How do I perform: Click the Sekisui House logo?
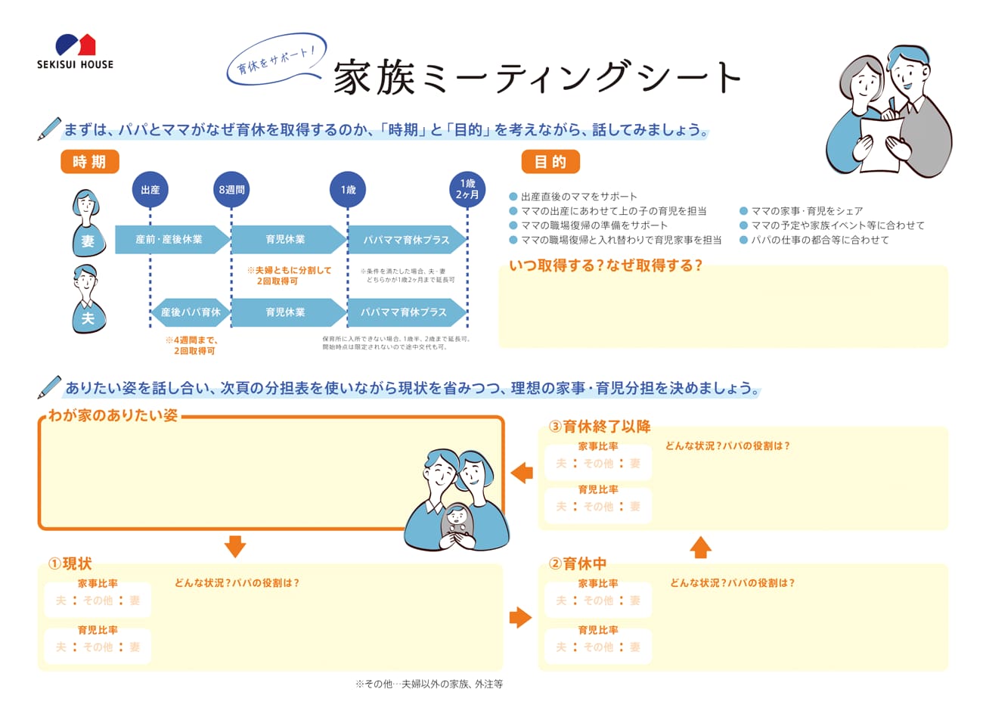(75, 51)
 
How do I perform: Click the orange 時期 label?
(89, 162)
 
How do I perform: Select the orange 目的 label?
(550, 162)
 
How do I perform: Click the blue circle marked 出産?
(150, 190)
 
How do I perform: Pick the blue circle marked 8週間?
(231, 190)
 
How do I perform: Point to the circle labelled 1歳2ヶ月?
(467, 190)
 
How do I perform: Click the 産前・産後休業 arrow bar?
(170, 240)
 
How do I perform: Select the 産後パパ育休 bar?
(191, 312)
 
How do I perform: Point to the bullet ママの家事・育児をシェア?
(806, 211)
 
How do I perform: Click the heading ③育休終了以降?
(599, 427)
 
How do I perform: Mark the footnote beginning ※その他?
(429, 684)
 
